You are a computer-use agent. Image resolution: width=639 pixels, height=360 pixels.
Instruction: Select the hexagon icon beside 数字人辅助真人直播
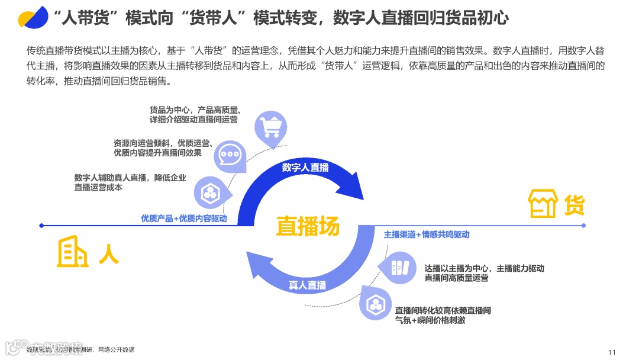pos(209,191)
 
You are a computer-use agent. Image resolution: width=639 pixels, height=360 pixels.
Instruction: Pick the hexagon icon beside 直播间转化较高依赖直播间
pos(375,305)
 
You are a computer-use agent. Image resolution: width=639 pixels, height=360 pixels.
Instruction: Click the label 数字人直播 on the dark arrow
pos(305,168)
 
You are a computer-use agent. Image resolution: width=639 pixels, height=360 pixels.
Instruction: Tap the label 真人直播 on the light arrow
pos(308,285)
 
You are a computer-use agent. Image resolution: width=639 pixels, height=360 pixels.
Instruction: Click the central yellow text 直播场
pos(308,226)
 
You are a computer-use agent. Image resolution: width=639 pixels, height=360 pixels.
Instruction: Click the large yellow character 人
pos(108,253)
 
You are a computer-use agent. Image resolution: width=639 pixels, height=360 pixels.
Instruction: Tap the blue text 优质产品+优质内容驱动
pos(184,218)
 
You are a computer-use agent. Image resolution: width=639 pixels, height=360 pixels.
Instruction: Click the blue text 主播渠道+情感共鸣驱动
pos(427,234)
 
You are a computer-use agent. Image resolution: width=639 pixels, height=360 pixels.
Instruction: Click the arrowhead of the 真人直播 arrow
pos(256,265)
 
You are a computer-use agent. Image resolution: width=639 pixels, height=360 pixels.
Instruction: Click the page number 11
pos(612,351)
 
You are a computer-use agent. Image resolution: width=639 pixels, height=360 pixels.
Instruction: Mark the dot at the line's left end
pos(41,226)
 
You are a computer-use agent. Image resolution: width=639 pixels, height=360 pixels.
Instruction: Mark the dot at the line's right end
pos(583,226)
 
